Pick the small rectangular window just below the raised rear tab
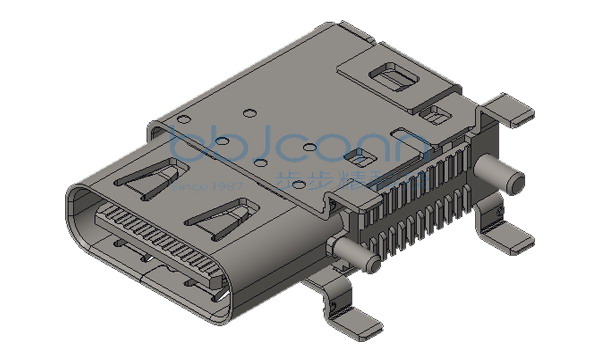click(432, 116)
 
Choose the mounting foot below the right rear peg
click(508, 232)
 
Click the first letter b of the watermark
click(184, 147)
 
